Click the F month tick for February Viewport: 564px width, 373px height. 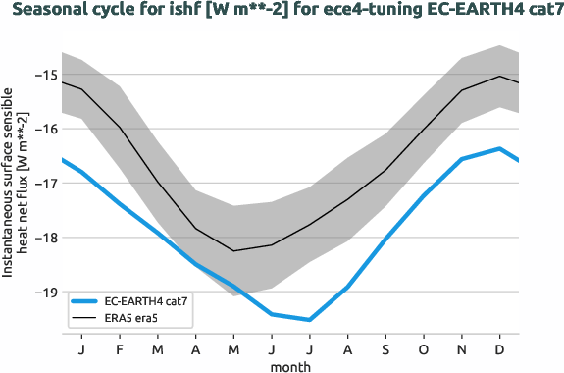click(x=120, y=348)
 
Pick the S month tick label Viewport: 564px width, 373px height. click(x=385, y=348)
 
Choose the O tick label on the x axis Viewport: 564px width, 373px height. click(x=424, y=348)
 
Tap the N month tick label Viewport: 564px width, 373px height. click(x=462, y=348)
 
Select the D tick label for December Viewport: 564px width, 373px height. click(x=500, y=348)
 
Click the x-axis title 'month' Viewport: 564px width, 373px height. click(x=291, y=365)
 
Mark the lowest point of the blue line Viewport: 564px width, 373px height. click(x=310, y=320)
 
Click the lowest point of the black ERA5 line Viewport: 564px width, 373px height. click(x=233, y=251)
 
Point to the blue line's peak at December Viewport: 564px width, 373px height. click(x=500, y=148)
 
